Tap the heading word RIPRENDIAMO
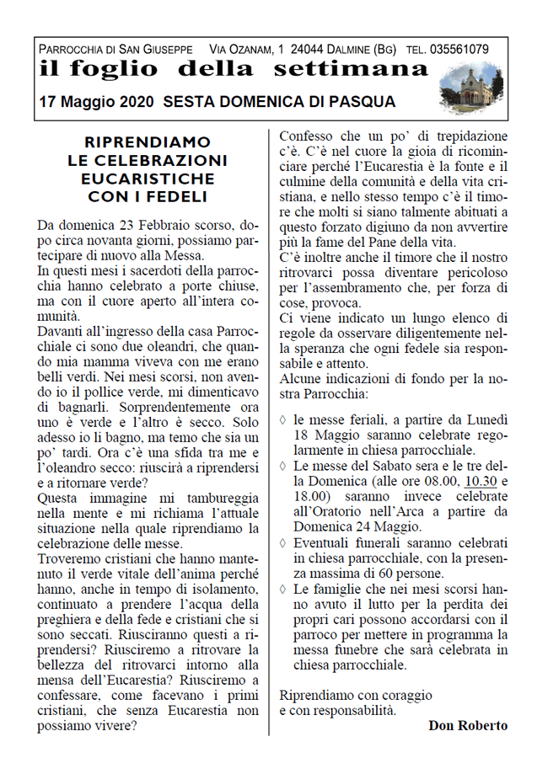tap(148, 143)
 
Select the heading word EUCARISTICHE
tap(148, 179)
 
